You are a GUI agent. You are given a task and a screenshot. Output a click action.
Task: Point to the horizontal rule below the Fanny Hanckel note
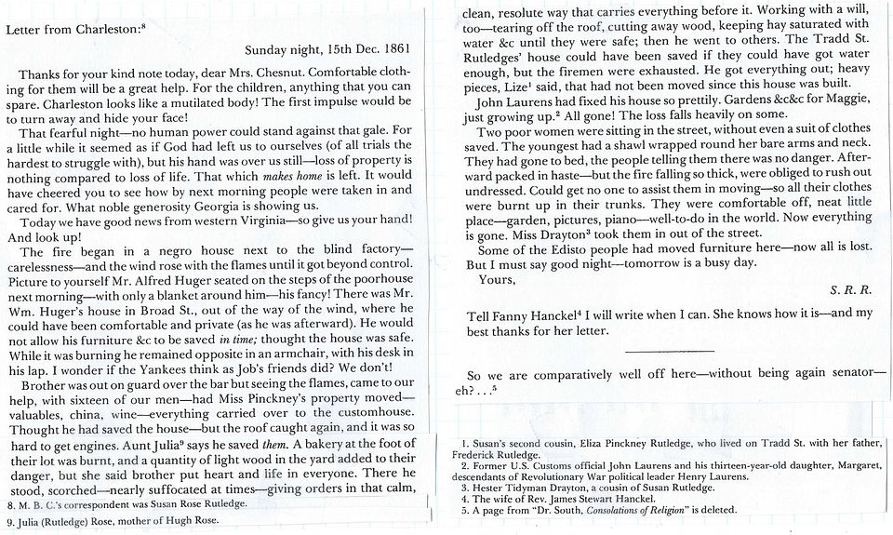[x=670, y=350]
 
